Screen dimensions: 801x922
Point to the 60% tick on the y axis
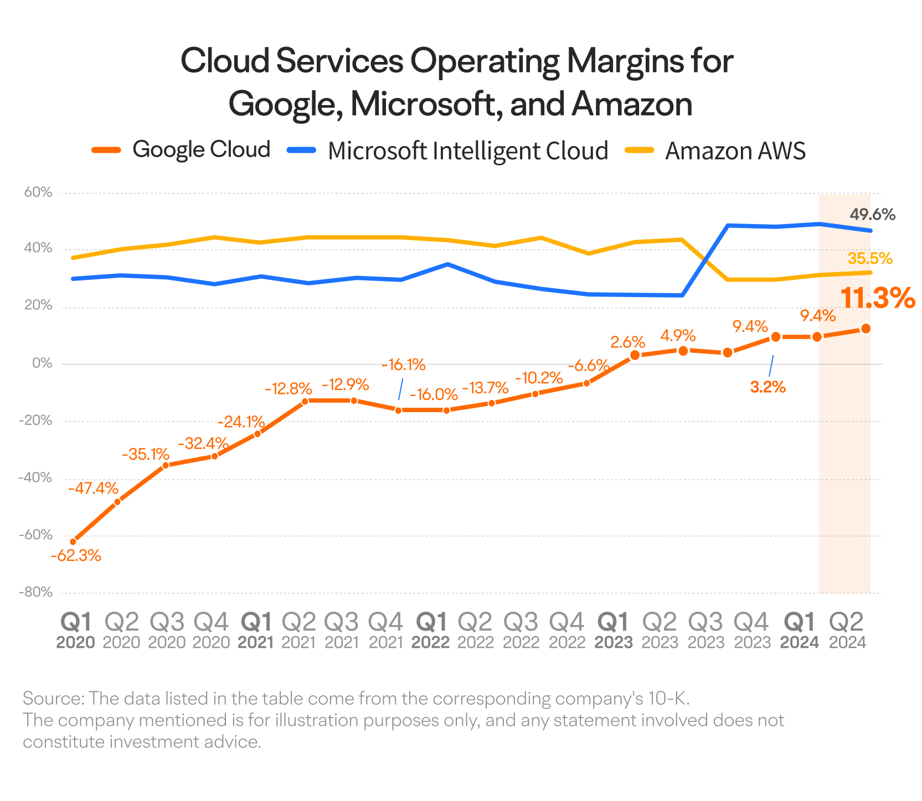pyautogui.click(x=38, y=193)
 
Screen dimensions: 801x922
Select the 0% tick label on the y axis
pyautogui.click(x=42, y=363)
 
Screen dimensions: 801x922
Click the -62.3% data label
pyautogui.click(x=76, y=555)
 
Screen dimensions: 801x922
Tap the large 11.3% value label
pyautogui.click(x=877, y=298)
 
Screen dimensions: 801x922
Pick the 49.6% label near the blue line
pyautogui.click(x=872, y=214)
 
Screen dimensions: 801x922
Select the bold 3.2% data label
pyautogui.click(x=768, y=387)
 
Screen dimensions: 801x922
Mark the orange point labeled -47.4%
pyautogui.click(x=117, y=502)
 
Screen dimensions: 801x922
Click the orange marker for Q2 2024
pyautogui.click(x=866, y=329)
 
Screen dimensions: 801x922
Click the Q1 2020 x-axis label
pyautogui.click(x=76, y=631)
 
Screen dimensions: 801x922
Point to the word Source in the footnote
pyautogui.click(x=52, y=699)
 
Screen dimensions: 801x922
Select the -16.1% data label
pyautogui.click(x=404, y=365)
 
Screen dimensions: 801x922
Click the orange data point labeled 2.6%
pyautogui.click(x=635, y=355)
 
